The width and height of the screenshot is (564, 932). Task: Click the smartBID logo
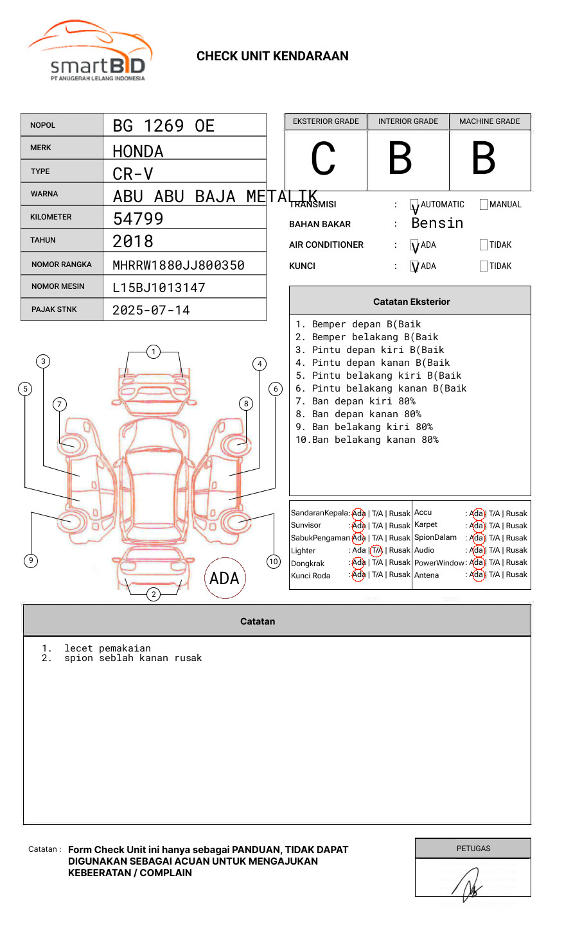[x=90, y=51]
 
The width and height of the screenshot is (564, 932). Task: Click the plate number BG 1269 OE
[x=163, y=126]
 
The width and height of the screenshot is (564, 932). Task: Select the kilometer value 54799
[x=138, y=219]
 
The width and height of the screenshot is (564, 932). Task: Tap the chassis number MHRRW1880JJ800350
[x=178, y=265]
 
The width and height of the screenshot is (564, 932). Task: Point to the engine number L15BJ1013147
[x=159, y=288]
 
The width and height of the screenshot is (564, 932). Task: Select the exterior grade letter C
[x=324, y=159]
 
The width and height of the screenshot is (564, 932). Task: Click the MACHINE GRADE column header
[x=489, y=121]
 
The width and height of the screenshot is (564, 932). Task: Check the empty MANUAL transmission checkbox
[x=484, y=205]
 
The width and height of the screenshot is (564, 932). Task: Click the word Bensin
[x=437, y=223]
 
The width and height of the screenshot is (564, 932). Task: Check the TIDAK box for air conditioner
[x=484, y=245]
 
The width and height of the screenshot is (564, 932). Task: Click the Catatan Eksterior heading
[x=411, y=302]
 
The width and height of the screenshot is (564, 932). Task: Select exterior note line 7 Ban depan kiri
[x=355, y=401]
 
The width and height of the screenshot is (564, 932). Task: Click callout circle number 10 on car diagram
[x=274, y=562]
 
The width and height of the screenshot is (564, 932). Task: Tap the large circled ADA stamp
[x=224, y=578]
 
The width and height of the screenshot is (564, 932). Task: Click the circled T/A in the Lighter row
[x=376, y=550]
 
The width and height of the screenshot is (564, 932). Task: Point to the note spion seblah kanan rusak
[x=132, y=659]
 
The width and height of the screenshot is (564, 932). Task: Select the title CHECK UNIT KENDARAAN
[x=272, y=56]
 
